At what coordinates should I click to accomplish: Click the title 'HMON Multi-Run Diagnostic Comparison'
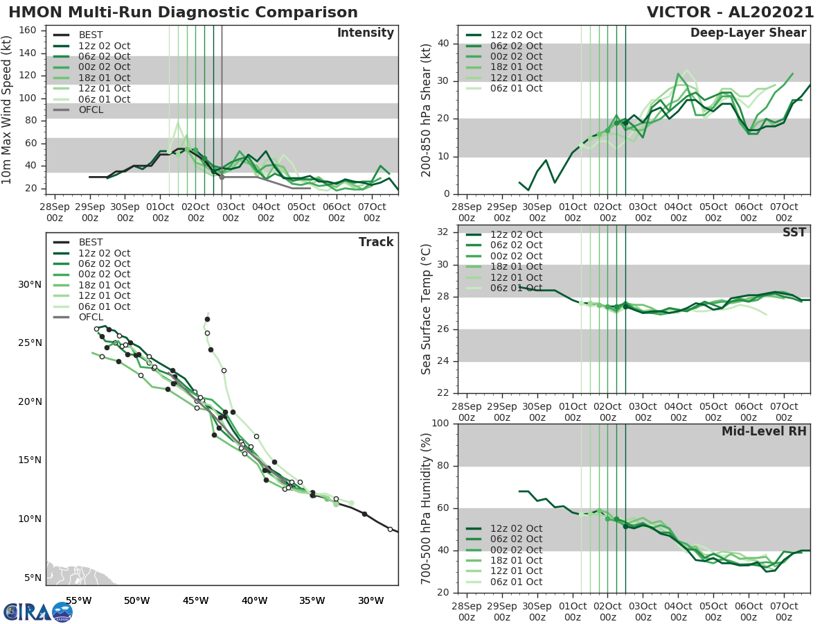point(183,12)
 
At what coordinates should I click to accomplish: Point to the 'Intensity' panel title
point(365,33)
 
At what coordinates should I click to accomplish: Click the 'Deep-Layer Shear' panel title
point(748,33)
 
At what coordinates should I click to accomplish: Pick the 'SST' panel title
point(794,232)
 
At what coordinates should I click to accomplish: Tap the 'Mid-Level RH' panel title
point(764,431)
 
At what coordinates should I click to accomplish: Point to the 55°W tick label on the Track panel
point(78,600)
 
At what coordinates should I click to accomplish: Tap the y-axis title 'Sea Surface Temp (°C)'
point(427,309)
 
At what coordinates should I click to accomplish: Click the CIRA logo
point(37,612)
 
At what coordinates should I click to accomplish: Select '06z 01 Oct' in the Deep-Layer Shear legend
point(517,88)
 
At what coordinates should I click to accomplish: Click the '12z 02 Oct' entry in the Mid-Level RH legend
point(517,528)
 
